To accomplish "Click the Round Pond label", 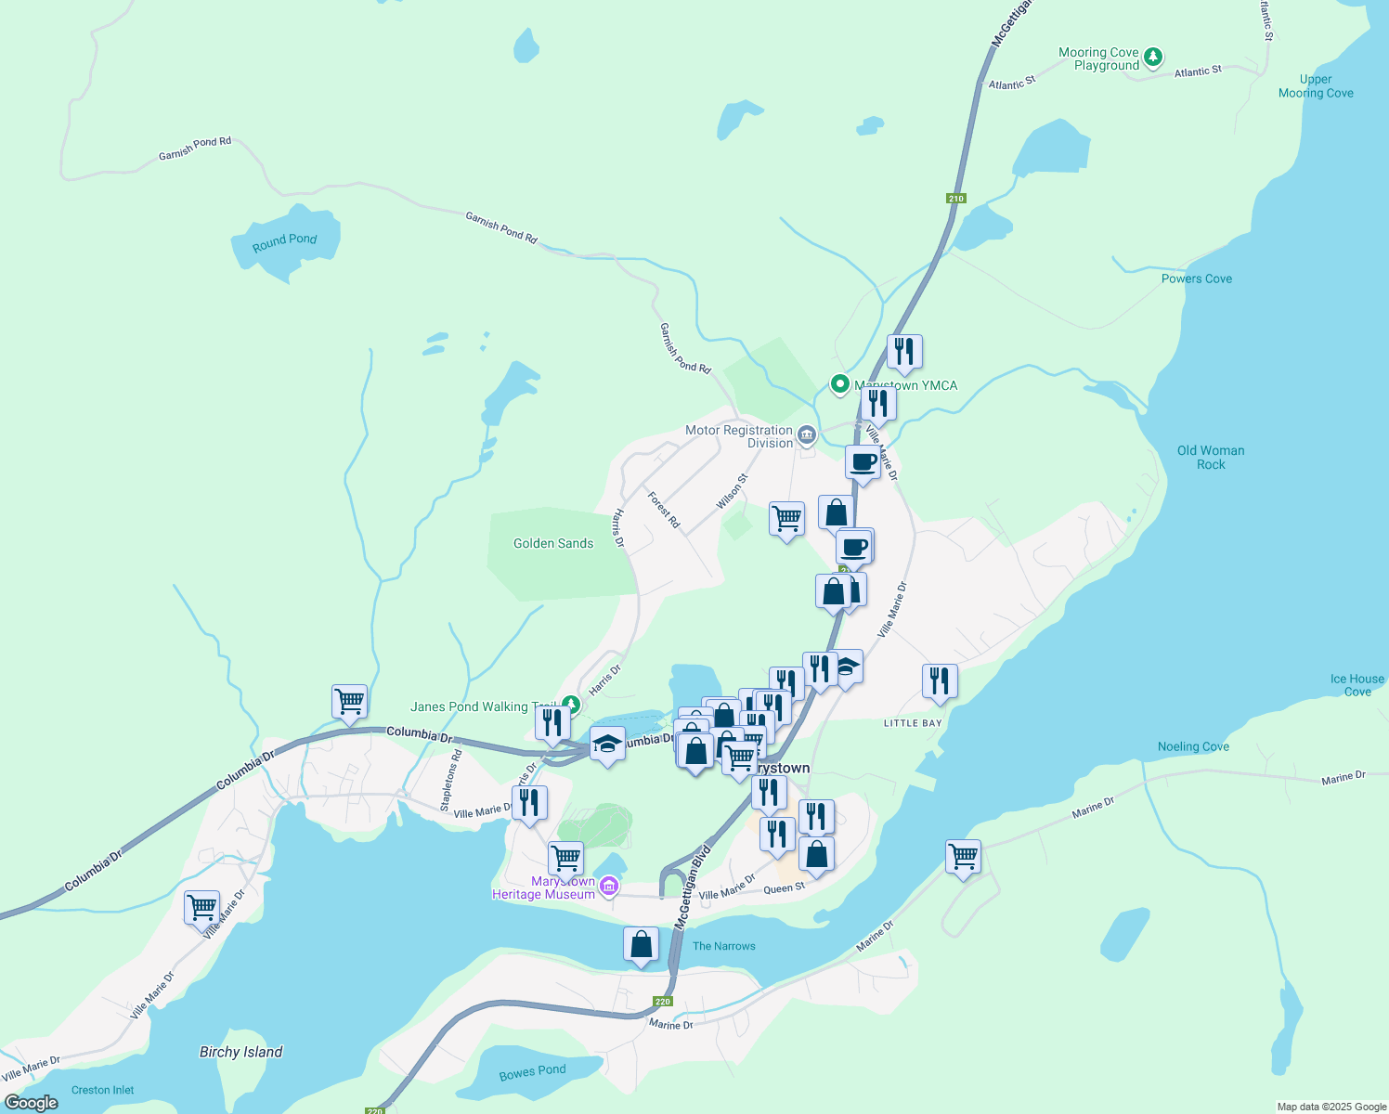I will coord(285,241).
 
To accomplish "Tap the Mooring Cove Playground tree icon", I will coord(1152,58).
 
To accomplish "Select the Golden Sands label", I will coord(553,543).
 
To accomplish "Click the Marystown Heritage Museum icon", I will coord(609,887).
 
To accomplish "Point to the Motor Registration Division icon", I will coord(806,434).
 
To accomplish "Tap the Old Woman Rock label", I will coord(1211,458).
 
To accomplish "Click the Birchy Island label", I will coord(240,1052).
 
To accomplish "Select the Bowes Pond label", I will coord(532,1072).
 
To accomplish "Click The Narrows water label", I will coord(724,946).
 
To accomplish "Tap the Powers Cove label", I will coord(1197,278).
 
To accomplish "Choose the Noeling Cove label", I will coord(1193,746).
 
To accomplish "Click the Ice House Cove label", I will coord(1357,685).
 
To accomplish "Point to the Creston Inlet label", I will coord(103,1090).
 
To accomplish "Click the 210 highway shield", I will coord(956,198).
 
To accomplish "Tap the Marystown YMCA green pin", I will coord(840,383).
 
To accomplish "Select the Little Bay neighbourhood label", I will coord(913,723).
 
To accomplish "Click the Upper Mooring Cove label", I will coord(1316,86).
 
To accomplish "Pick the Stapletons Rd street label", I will coord(451,782).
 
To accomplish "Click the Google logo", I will coord(32,1102).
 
